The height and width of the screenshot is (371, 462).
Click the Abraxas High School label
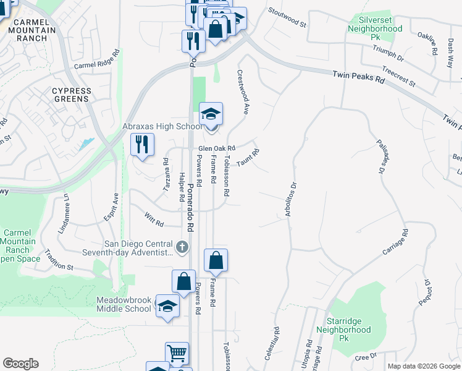[162, 127]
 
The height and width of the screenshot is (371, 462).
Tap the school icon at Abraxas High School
[211, 114]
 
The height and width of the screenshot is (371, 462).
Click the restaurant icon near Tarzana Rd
[142, 145]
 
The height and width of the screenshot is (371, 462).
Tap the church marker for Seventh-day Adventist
[182, 247]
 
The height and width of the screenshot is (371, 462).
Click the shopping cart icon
[177, 354]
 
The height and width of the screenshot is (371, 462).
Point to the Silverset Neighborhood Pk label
[374, 29]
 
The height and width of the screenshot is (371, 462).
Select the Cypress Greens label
[71, 95]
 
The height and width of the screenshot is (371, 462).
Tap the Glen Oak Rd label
[217, 148]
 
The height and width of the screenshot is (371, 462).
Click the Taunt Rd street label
[247, 157]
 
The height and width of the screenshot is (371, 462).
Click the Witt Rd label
[154, 219]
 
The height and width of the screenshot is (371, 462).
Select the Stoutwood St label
[287, 18]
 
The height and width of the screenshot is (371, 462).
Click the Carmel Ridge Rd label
[96, 59]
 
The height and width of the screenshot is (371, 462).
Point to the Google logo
[20, 364]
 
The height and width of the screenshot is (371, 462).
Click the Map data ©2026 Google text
[423, 366]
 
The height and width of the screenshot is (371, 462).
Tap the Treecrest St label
[398, 77]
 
